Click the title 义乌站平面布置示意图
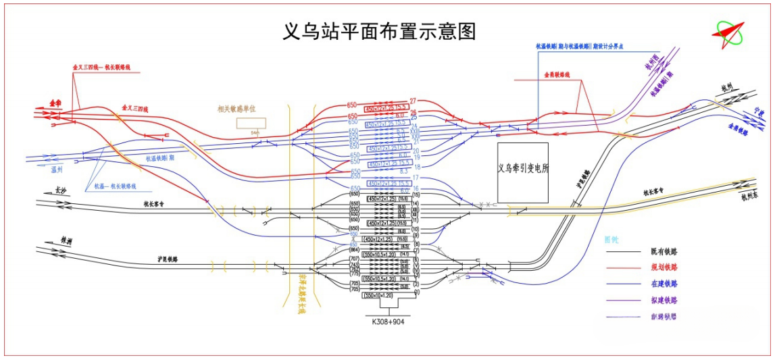(x=379, y=32)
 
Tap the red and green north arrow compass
(x=728, y=32)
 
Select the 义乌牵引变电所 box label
(x=523, y=169)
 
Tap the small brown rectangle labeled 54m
(x=251, y=123)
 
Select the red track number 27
(x=413, y=101)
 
